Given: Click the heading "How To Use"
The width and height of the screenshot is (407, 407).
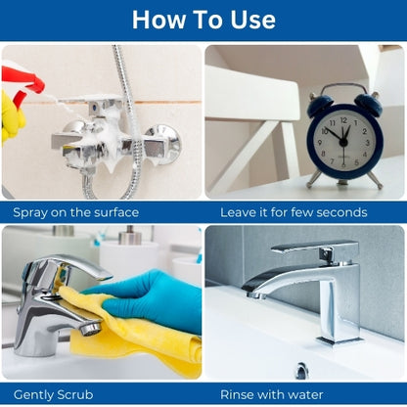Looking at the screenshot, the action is coord(203,20).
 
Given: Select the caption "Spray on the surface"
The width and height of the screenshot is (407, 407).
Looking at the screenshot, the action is coord(76,212).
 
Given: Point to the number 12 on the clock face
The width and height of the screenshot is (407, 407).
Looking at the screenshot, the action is coord(343,120).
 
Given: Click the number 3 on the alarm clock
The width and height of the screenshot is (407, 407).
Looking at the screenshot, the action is coord(367,143).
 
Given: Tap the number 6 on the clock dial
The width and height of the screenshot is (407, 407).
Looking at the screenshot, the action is coord(343,165).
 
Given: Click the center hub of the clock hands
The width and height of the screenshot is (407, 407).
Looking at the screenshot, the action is coord(342,142).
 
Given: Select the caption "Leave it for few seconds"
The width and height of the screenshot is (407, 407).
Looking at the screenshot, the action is coord(294,212).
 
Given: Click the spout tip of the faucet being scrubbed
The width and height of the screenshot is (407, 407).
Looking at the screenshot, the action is coord(90,328).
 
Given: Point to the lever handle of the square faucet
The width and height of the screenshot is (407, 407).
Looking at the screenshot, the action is coord(315,248).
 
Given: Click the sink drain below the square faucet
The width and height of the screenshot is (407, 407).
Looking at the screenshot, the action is coord(301,371).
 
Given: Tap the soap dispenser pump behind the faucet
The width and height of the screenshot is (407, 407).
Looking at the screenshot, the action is coord(129,236).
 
